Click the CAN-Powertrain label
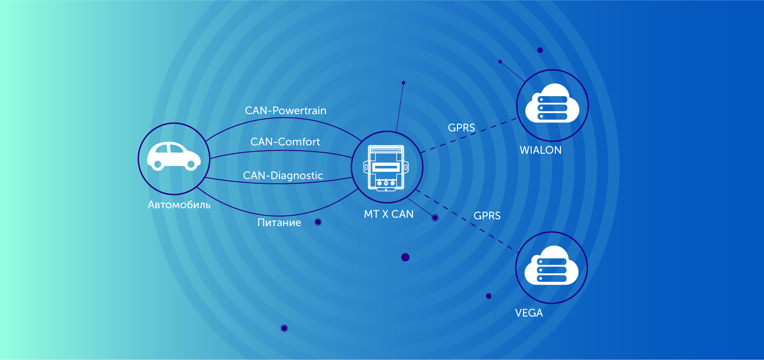click(x=285, y=111)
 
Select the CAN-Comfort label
click(x=285, y=142)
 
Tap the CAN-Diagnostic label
click(x=283, y=175)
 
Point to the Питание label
click(x=279, y=222)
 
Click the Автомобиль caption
click(x=179, y=205)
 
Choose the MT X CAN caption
click(x=388, y=214)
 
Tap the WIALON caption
click(x=541, y=150)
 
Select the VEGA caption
click(x=529, y=313)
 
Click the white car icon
click(x=174, y=156)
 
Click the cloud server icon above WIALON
click(x=552, y=103)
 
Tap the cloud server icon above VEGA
click(x=551, y=266)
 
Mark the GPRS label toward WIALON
click(x=461, y=128)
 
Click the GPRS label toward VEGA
click(x=487, y=216)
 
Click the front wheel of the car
click(x=191, y=165)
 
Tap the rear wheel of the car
click(x=158, y=165)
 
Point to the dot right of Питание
click(x=318, y=222)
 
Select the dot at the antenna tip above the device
click(x=404, y=83)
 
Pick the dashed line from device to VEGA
click(x=467, y=222)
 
